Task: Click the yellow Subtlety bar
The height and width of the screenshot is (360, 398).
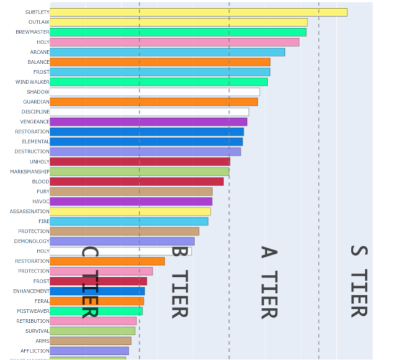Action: pyautogui.click(x=198, y=12)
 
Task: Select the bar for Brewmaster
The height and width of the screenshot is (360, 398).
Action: pyautogui.click(x=178, y=32)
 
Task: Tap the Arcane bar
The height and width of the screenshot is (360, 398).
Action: pyautogui.click(x=167, y=52)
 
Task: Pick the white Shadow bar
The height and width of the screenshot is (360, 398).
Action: pyautogui.click(x=155, y=92)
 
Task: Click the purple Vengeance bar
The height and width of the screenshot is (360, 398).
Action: pyautogui.click(x=148, y=122)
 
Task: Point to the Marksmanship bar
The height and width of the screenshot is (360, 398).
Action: pyautogui.click(x=139, y=171)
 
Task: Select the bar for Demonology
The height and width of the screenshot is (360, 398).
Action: pyautogui.click(x=122, y=241)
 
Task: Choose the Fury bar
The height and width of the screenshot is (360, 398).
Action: pyautogui.click(x=131, y=191)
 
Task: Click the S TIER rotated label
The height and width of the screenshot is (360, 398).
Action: pyautogui.click(x=358, y=281)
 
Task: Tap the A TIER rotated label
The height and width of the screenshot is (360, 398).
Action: pyautogui.click(x=268, y=282)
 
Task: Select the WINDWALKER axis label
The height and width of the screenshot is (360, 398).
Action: pyautogui.click(x=32, y=82)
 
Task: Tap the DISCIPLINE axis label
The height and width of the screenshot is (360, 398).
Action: pyautogui.click(x=35, y=112)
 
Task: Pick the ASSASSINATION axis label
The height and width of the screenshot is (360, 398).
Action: pyautogui.click(x=29, y=212)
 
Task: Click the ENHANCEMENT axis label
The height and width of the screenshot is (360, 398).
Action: pyautogui.click(x=31, y=291)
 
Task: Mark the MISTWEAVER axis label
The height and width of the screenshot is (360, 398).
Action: pyautogui.click(x=33, y=311)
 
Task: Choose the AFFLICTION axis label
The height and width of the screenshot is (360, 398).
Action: pyautogui.click(x=35, y=351)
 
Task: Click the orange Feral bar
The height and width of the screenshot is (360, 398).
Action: pyautogui.click(x=96, y=301)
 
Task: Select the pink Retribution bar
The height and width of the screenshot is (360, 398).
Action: pyautogui.click(x=93, y=321)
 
